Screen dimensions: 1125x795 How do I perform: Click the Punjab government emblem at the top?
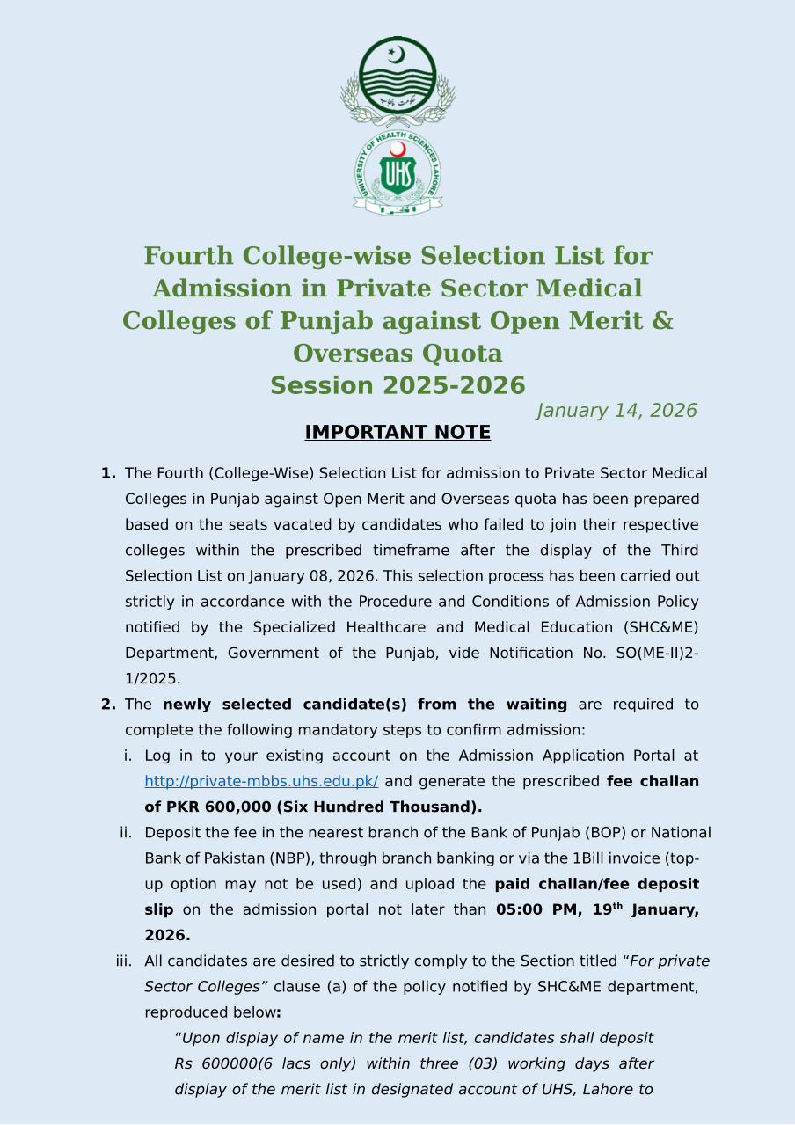(397, 81)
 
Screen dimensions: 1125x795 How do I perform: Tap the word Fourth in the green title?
(189, 256)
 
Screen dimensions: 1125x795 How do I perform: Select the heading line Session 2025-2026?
(397, 386)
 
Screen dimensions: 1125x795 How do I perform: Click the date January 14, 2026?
(616, 411)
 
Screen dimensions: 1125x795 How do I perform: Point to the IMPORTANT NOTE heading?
(397, 433)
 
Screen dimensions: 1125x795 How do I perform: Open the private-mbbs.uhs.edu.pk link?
(261, 781)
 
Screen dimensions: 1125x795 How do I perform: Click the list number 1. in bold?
(108, 473)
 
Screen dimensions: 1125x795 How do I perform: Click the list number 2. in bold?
(108, 705)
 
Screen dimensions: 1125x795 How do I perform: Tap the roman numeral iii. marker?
(124, 961)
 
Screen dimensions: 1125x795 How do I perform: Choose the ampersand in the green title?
(662, 321)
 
